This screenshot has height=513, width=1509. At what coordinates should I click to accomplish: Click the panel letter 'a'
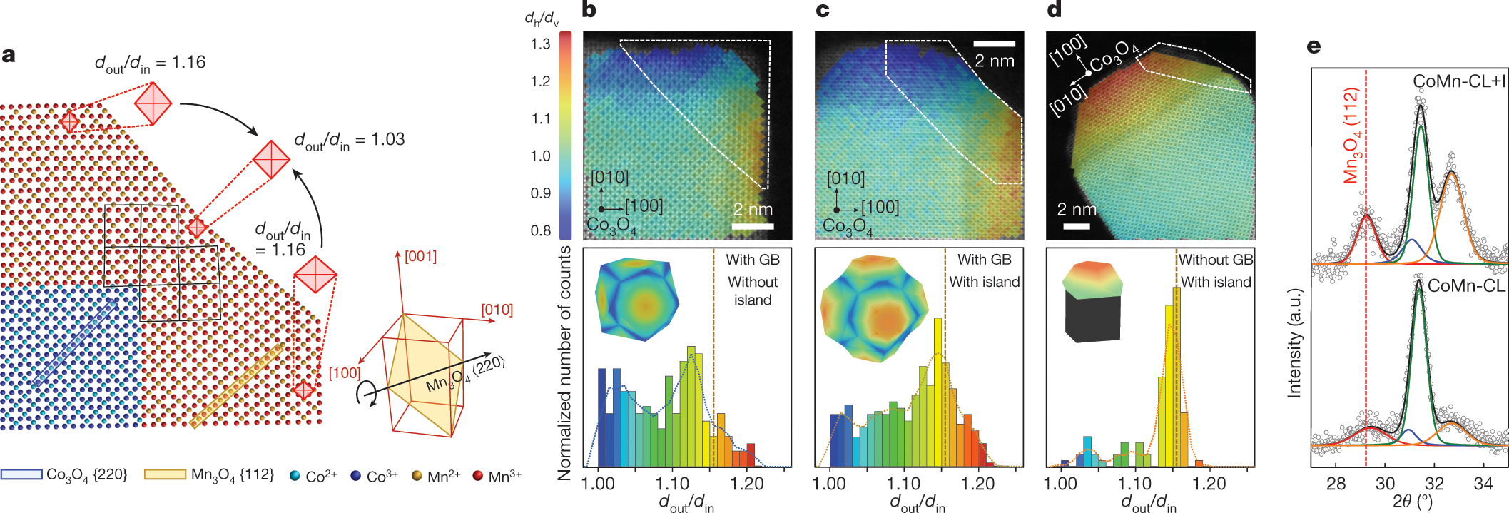tap(9, 55)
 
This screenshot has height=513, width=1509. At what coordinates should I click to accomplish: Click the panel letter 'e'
tap(1314, 46)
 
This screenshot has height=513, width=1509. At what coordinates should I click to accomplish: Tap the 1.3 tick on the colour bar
tap(541, 44)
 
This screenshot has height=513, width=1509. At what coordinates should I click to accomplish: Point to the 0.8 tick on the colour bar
tap(541, 230)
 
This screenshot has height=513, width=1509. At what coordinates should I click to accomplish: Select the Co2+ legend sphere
tap(295, 476)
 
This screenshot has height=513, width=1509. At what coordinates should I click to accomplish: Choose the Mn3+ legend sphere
tap(478, 476)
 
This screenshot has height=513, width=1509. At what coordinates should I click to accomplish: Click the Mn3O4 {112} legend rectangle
tap(165, 474)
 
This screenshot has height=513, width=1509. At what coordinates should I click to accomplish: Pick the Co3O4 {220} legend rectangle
tap(21, 474)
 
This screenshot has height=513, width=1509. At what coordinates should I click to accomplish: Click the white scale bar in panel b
tap(753, 226)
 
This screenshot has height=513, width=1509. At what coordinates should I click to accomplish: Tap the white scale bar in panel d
tap(1077, 226)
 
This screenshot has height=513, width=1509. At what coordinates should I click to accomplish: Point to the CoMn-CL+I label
tap(1459, 82)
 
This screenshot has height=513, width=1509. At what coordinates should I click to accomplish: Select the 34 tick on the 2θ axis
tap(1483, 484)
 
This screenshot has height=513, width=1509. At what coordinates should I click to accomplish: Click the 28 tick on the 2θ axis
tap(1336, 484)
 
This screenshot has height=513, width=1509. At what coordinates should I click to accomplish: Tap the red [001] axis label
tap(420, 256)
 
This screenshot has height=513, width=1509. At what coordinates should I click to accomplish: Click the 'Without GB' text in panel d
tap(1215, 260)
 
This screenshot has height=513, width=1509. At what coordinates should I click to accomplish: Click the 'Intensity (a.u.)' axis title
tap(1294, 342)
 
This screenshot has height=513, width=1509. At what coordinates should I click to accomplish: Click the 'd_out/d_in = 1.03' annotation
tap(350, 141)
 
